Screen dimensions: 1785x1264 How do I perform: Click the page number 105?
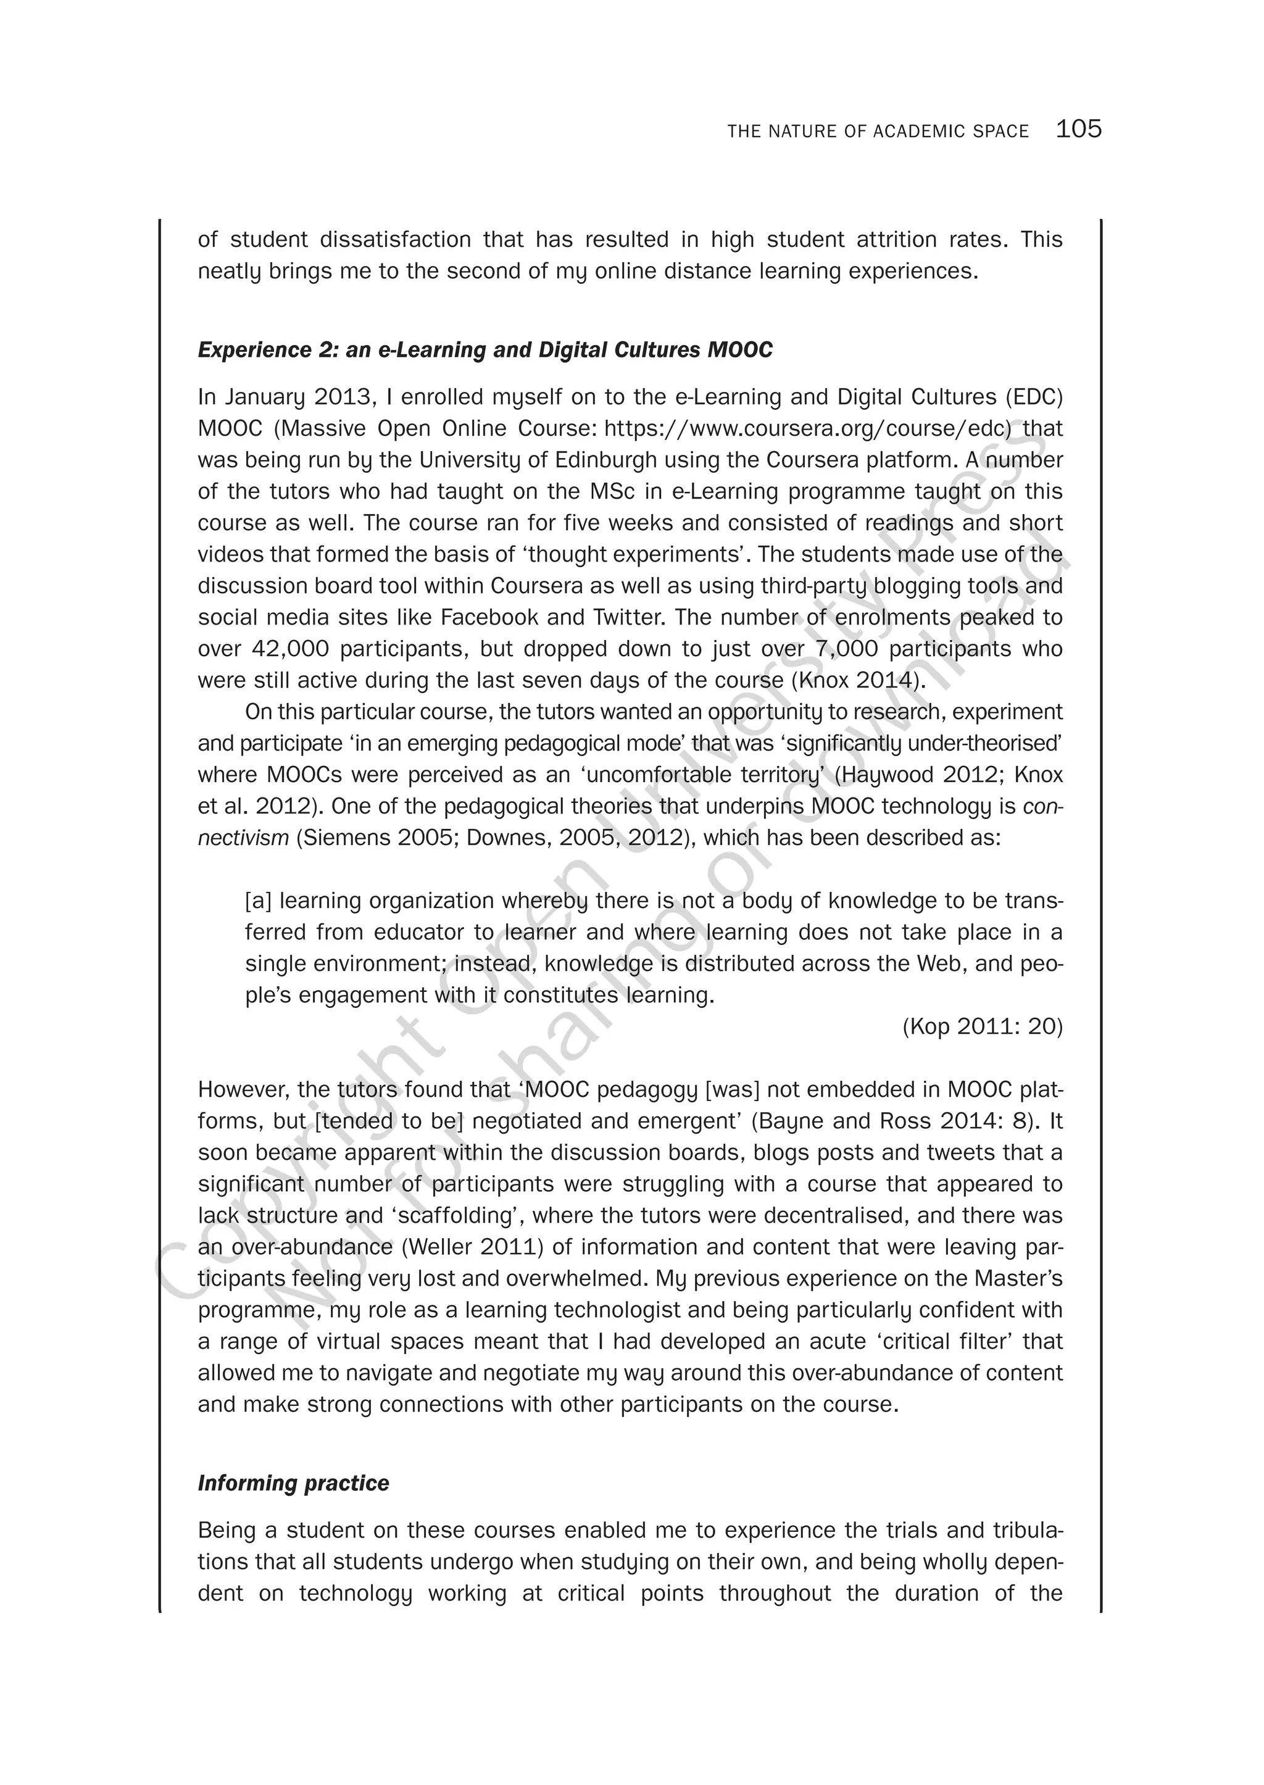(x=1078, y=129)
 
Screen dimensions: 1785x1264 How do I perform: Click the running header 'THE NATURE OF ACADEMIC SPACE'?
(x=878, y=131)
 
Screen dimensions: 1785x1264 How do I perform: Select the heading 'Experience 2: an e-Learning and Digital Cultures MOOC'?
(x=485, y=351)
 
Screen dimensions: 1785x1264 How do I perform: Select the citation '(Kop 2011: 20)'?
(x=982, y=1027)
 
